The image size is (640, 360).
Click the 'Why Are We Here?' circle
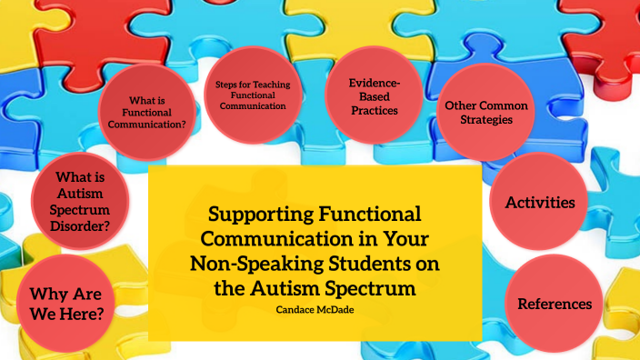(65, 303)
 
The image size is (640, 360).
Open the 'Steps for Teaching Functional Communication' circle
(251, 94)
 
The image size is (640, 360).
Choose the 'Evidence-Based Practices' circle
(374, 95)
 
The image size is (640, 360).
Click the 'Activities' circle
(540, 202)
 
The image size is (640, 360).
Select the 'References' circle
(555, 304)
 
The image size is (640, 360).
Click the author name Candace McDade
(315, 309)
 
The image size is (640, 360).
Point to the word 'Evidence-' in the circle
(374, 83)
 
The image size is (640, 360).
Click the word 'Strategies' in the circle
(485, 120)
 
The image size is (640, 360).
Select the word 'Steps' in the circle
(226, 84)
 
